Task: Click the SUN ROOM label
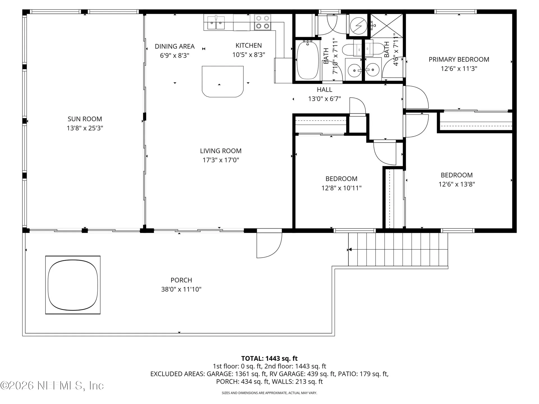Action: pos(84,119)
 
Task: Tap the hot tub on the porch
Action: pos(73,285)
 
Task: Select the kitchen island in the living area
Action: pos(223,81)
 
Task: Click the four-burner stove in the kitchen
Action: pos(263,22)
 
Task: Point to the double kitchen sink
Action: pos(216,23)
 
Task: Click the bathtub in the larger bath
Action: pos(308,60)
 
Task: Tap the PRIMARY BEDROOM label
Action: pos(459,59)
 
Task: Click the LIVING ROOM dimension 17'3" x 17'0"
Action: pos(221,160)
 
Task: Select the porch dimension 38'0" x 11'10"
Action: pos(181,289)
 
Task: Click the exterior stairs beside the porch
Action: pos(398,249)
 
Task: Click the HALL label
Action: pos(325,90)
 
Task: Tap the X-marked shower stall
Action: pos(387,26)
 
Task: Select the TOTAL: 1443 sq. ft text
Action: pos(269,358)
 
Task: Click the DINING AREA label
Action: pos(175,46)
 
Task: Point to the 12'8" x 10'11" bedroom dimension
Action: pos(341,188)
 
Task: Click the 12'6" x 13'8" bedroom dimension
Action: pos(456,184)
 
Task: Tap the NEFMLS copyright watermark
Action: pos(52,385)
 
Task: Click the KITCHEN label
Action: pos(248,45)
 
